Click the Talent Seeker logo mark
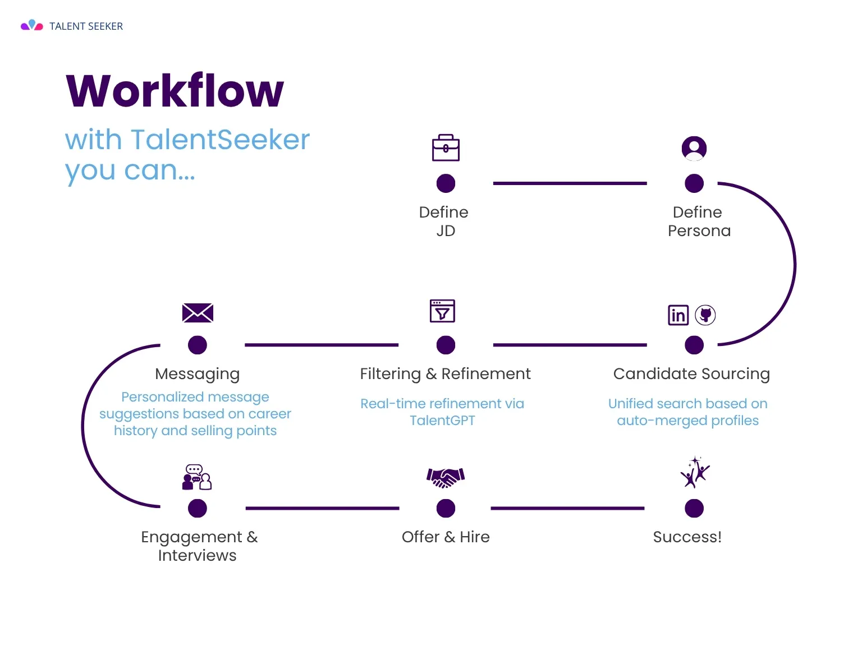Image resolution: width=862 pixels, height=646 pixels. click(32, 25)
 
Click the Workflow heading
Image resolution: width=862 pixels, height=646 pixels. click(175, 91)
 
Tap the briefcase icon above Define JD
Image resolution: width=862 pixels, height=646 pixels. click(446, 148)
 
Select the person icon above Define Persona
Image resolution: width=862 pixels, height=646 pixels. click(694, 149)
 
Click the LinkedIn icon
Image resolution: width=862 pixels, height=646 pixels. click(678, 315)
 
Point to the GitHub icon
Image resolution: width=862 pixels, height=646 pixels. click(705, 315)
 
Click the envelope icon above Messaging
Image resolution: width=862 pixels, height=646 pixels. click(198, 313)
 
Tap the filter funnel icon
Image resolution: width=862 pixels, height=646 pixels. click(442, 311)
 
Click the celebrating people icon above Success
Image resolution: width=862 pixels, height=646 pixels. click(695, 472)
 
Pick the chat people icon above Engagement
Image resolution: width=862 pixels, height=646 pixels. click(197, 477)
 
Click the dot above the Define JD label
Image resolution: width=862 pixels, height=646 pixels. click(446, 183)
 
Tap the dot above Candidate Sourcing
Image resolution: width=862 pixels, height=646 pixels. click(694, 345)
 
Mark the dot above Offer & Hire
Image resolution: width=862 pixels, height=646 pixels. click(446, 509)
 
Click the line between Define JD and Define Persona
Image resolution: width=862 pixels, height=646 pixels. click(570, 183)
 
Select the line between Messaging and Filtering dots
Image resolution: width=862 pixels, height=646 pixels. click(322, 345)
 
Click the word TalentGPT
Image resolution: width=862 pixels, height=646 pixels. click(442, 421)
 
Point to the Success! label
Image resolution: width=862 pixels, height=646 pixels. click(687, 537)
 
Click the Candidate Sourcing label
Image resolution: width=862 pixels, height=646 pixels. click(691, 374)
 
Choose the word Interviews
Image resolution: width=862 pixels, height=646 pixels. click(197, 556)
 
